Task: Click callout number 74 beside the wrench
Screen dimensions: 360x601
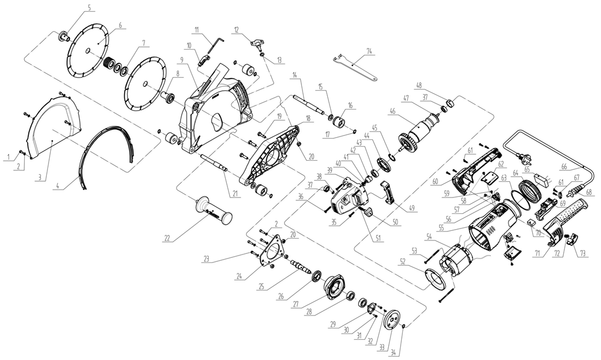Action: [370, 51]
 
